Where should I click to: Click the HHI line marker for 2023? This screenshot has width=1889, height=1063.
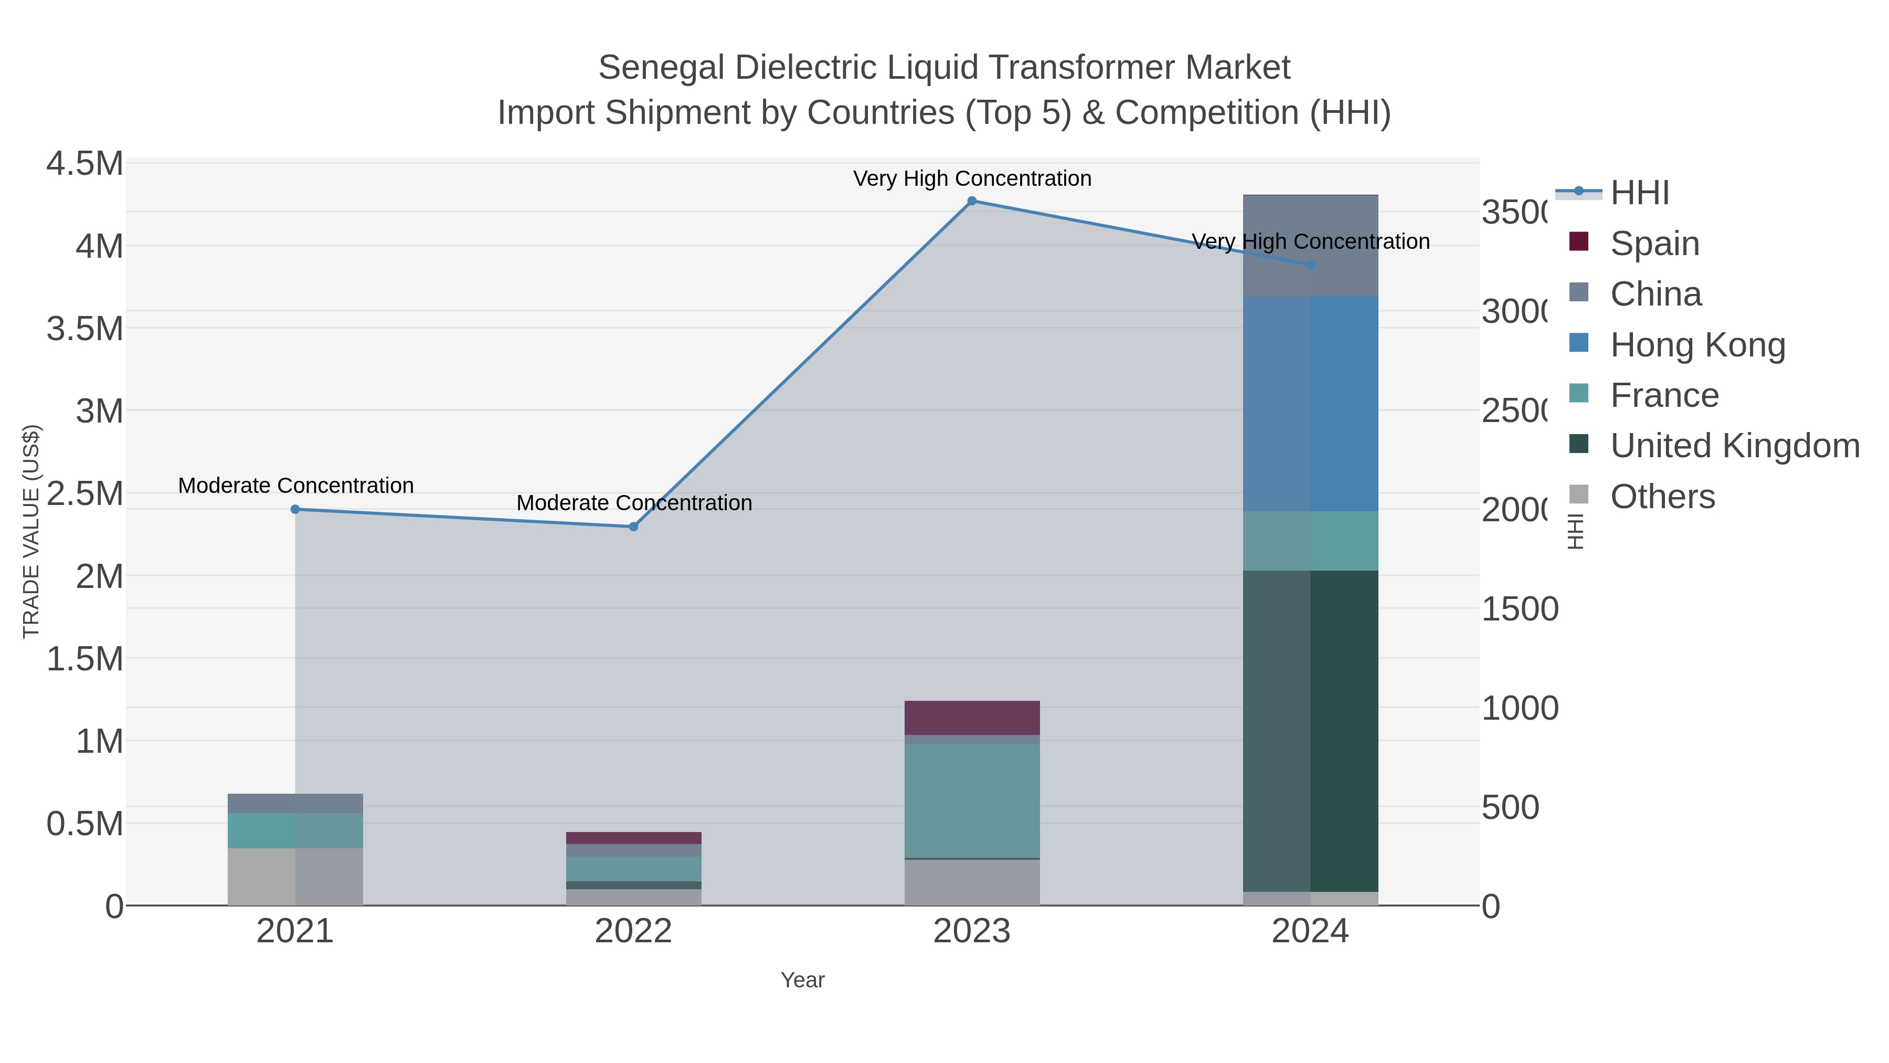pyautogui.click(x=972, y=201)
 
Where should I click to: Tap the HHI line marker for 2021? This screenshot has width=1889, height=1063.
pyautogui.click(x=295, y=509)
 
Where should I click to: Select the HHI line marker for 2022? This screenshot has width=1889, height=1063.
pyautogui.click(x=633, y=527)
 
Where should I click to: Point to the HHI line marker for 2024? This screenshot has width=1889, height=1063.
pyautogui.click(x=1310, y=265)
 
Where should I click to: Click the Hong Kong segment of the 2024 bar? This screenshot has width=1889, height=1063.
pyautogui.click(x=1310, y=404)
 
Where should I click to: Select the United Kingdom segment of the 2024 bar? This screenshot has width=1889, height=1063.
pyautogui.click(x=1310, y=731)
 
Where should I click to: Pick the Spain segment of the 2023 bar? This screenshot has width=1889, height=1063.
pyautogui.click(x=972, y=718)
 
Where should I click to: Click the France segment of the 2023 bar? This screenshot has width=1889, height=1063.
pyautogui.click(x=972, y=801)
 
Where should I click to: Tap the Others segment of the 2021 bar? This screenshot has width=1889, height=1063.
pyautogui.click(x=295, y=877)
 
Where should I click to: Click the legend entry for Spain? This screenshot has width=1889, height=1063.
pyautogui.click(x=1654, y=244)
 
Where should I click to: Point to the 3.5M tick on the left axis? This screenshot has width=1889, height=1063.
pyautogui.click(x=85, y=329)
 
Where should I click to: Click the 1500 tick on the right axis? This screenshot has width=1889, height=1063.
pyautogui.click(x=1520, y=609)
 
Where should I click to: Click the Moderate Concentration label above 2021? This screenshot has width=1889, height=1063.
pyautogui.click(x=295, y=486)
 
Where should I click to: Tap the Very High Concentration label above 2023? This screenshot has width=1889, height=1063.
pyautogui.click(x=972, y=179)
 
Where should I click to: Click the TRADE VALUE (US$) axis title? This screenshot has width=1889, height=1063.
pyautogui.click(x=31, y=531)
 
